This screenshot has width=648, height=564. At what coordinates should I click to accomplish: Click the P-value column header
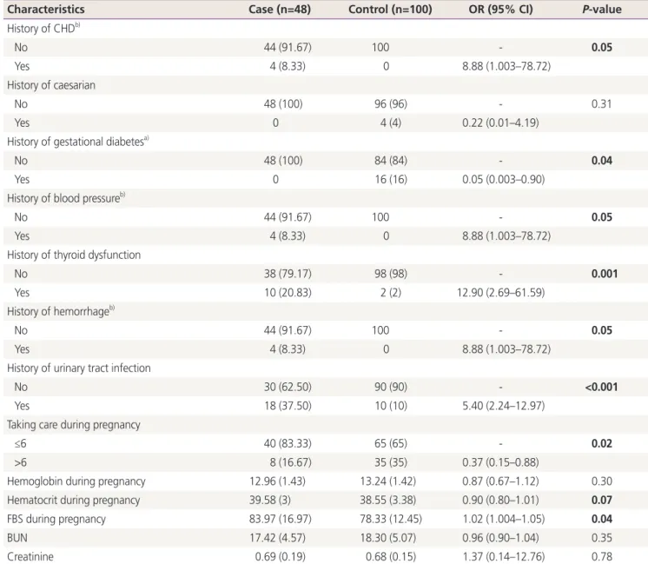[602, 9]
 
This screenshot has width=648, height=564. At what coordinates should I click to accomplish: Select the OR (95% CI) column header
[500, 9]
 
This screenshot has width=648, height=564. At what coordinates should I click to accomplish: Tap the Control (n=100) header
[390, 9]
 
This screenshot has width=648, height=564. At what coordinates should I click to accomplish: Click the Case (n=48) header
[280, 9]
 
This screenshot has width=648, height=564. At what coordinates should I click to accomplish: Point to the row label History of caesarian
[51, 85]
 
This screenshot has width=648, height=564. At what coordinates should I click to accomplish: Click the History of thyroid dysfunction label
[74, 255]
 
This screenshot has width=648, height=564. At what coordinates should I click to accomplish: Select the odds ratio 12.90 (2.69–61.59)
[500, 293]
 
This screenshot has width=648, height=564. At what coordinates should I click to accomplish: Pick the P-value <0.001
[601, 387]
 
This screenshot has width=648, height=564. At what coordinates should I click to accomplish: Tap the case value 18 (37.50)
[288, 406]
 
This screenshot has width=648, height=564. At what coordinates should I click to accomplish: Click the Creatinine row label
[30, 556]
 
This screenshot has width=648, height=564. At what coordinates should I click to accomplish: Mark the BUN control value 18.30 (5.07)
[387, 538]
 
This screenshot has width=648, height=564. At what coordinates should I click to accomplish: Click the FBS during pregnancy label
[56, 519]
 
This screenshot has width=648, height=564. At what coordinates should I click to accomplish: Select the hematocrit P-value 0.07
[602, 500]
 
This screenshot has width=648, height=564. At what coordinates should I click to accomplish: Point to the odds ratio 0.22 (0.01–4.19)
[500, 123]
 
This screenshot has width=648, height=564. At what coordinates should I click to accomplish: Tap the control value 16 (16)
[391, 179]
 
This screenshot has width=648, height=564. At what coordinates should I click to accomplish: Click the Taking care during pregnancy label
[74, 425]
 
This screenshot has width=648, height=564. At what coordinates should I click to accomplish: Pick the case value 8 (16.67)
[290, 462]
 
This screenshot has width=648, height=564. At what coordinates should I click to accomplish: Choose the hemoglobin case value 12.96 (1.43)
[277, 481]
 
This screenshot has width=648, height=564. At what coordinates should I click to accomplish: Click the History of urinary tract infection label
[79, 368]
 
